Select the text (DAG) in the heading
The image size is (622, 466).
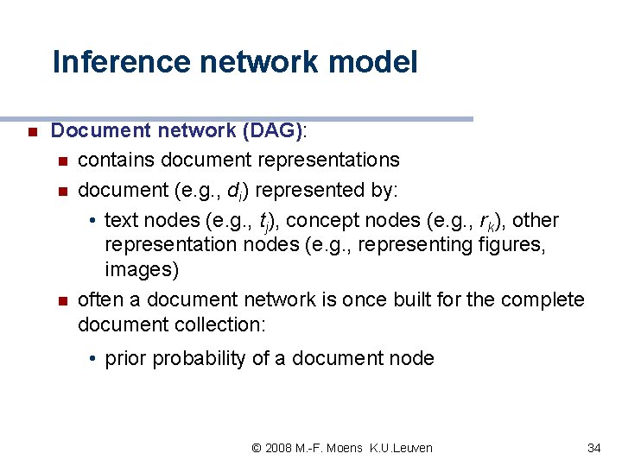coord(273,131)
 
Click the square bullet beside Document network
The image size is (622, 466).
coord(30,133)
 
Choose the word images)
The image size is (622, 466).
coord(142,270)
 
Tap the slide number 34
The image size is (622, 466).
coord(593,448)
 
